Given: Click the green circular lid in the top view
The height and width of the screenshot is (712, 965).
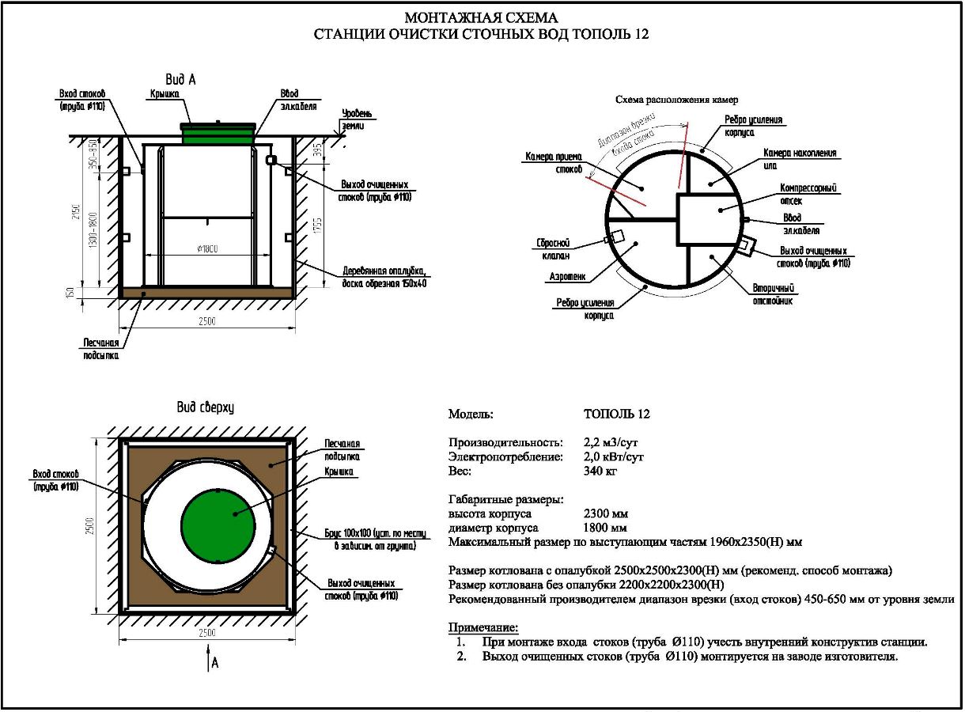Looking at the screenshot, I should (218, 524).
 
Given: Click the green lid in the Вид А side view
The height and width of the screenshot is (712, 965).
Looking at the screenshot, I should (219, 133).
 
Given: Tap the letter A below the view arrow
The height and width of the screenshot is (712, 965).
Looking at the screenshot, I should (214, 663).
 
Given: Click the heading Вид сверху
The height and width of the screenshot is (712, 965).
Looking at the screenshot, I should (204, 407).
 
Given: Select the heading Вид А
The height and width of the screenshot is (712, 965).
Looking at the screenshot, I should (180, 80).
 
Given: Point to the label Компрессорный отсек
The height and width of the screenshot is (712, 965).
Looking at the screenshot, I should (808, 195).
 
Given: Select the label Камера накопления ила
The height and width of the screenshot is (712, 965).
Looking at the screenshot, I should (799, 159).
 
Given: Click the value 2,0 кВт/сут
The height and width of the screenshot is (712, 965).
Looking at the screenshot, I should (614, 456).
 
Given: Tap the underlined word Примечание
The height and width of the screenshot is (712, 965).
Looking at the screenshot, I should (482, 628).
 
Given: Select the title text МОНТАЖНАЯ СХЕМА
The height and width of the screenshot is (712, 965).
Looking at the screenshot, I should (481, 17).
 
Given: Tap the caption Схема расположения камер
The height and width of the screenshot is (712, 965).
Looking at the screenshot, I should (675, 100).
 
